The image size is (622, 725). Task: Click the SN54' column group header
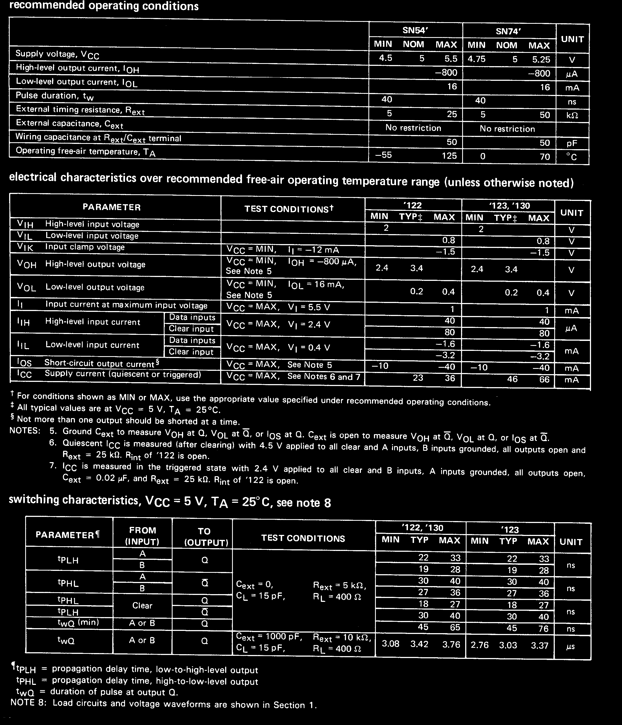pos(415,30)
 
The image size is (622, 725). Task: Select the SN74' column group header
pos(508,32)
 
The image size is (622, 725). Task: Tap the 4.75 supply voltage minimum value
pos(477,59)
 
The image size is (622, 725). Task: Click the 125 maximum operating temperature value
pos(449,156)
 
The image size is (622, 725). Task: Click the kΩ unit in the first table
pos(572,115)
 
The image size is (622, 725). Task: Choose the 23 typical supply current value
pos(418,377)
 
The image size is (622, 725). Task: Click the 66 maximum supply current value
pos(544,379)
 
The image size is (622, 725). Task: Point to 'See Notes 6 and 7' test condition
pos(324,377)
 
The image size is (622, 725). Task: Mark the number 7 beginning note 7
pos(53,466)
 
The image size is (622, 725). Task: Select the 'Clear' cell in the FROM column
pos(142,605)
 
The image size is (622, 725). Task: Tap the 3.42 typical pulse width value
pos(419,644)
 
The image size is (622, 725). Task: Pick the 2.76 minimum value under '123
pos(479,645)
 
